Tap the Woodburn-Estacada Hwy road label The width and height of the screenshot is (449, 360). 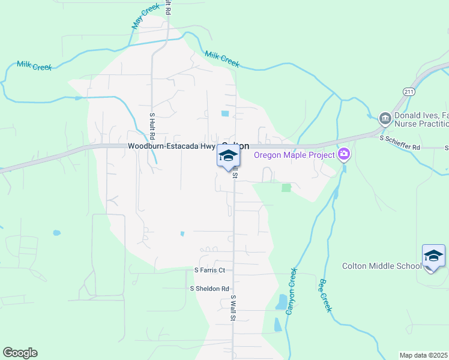tap(171, 146)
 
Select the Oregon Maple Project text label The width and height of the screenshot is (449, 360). tap(294, 155)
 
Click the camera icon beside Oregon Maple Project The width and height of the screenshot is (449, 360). tap(344, 155)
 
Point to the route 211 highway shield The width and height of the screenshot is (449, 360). tap(409, 91)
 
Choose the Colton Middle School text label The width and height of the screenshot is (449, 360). tap(382, 266)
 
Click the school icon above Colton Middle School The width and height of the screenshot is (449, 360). tap(433, 256)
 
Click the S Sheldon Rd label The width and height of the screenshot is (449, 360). tap(209, 289)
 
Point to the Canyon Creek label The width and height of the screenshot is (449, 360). tap(291, 292)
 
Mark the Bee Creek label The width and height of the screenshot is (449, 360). tap(325, 295)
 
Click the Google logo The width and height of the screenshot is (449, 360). tap(20, 353)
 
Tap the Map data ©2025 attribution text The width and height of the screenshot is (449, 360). tap(424, 355)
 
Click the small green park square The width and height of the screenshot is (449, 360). tap(286, 188)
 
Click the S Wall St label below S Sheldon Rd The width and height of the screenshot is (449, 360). tap(232, 308)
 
